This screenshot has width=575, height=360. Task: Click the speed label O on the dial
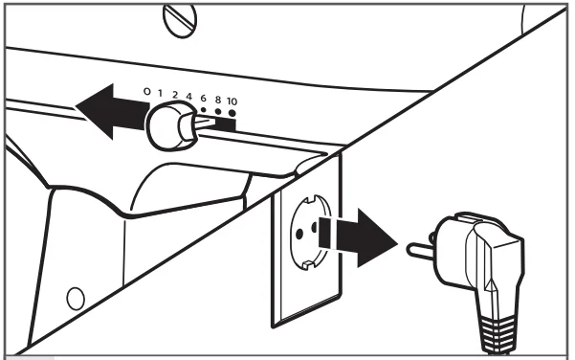146,91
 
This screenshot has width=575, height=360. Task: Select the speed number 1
160,93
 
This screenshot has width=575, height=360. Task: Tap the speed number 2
175,95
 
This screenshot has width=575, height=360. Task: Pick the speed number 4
188,97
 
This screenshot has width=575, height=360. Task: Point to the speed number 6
203,99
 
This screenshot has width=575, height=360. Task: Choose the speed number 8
218,100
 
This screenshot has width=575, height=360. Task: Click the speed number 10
232,101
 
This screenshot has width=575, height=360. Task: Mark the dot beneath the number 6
203,109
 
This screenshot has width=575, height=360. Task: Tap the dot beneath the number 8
218,112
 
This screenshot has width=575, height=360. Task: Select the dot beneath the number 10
232,113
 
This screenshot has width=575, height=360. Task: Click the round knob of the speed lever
169,126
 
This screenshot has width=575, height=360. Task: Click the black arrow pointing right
358,237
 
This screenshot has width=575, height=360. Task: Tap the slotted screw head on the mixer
180,20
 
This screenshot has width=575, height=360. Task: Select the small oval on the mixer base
76,299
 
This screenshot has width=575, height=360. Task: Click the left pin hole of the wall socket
299,234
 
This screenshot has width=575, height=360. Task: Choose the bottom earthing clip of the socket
307,263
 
